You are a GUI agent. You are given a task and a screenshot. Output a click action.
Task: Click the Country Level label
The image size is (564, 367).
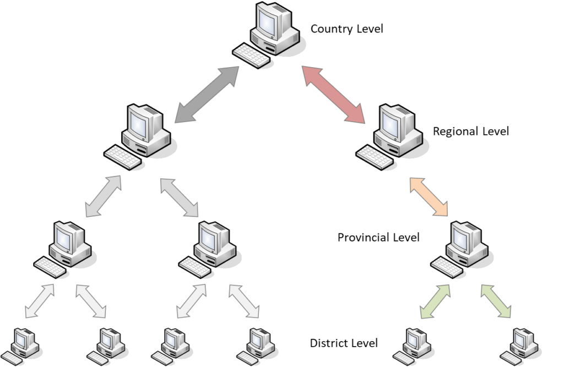pyautogui.click(x=347, y=29)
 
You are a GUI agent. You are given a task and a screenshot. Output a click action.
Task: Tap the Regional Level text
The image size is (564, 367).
pyautogui.click(x=470, y=131)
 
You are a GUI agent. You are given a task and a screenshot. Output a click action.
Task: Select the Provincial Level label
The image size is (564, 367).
pyautogui.click(x=378, y=237)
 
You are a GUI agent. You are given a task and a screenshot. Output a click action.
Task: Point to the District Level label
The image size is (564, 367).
pyautogui.click(x=344, y=343)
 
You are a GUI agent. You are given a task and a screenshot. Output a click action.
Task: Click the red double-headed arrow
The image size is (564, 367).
pyautogui.click(x=333, y=95)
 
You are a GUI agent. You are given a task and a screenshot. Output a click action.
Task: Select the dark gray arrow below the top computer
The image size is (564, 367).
pyautogui.click(x=207, y=95)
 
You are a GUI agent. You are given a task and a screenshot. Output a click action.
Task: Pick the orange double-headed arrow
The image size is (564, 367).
pyautogui.click(x=429, y=197)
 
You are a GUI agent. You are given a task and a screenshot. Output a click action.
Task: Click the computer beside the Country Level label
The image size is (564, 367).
pyautogui.click(x=269, y=35)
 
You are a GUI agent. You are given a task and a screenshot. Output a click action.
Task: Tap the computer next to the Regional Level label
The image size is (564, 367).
pyautogui.click(x=392, y=137)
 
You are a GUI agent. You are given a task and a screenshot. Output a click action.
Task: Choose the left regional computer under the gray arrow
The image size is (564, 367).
pyautogui.click(x=140, y=137)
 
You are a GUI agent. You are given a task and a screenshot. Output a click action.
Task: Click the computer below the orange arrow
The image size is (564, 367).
pyautogui.click(x=462, y=249)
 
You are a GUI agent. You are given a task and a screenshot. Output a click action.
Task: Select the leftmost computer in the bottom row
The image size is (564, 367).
pyautogui.click(x=21, y=347)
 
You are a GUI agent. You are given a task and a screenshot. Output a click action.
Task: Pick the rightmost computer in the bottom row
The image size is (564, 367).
pyautogui.click(x=520, y=347)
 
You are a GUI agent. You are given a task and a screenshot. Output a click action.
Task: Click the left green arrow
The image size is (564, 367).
pyautogui.click(x=435, y=301)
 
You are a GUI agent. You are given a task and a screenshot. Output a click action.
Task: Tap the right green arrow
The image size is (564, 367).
pyautogui.click(x=496, y=301)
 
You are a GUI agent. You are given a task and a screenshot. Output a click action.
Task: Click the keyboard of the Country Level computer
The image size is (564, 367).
pyautogui.click(x=251, y=56)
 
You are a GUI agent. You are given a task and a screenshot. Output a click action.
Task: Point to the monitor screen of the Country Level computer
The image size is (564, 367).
pyautogui.click(x=267, y=22)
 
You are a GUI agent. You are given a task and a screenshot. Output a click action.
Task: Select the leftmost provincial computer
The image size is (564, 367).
pyautogui.click(x=65, y=249)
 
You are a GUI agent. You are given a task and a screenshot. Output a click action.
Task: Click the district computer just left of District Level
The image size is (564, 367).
pyautogui.click(x=257, y=347)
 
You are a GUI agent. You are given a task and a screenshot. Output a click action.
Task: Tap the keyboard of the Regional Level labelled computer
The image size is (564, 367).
pyautogui.click(x=374, y=157)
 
